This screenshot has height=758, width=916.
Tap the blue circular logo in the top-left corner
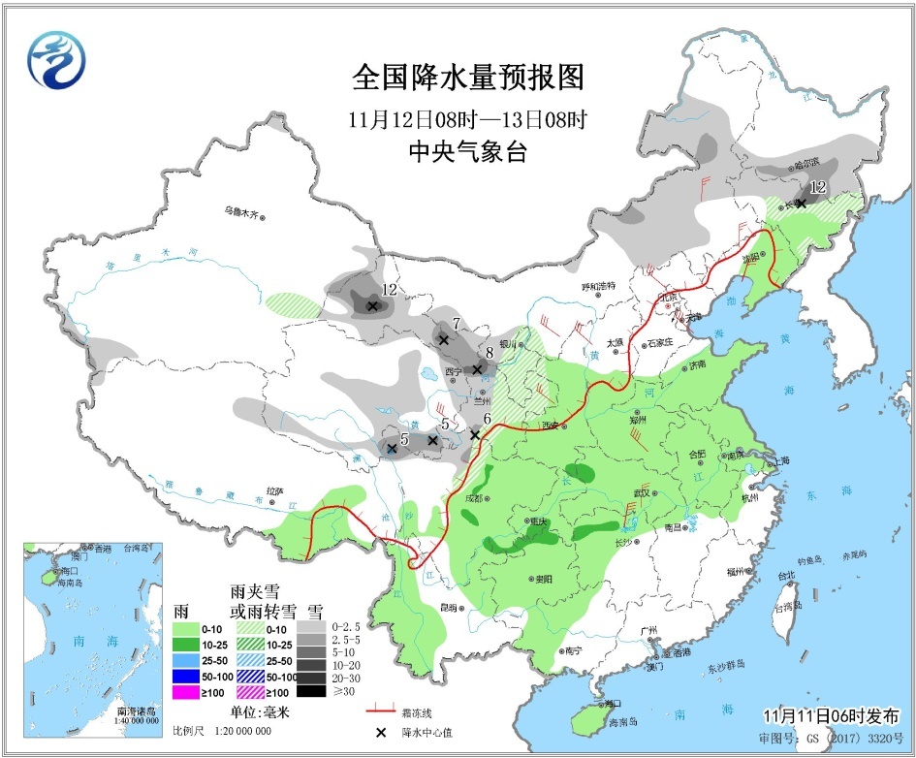tap(56, 60)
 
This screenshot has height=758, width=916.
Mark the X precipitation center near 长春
tap(801, 203)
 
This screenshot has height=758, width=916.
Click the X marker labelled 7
tap(444, 340)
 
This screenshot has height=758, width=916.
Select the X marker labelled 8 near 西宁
tap(477, 369)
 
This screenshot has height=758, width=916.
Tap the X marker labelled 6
tap(475, 435)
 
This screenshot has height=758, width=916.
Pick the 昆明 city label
tap(447, 608)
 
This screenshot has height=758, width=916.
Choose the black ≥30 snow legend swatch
tap(311, 691)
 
